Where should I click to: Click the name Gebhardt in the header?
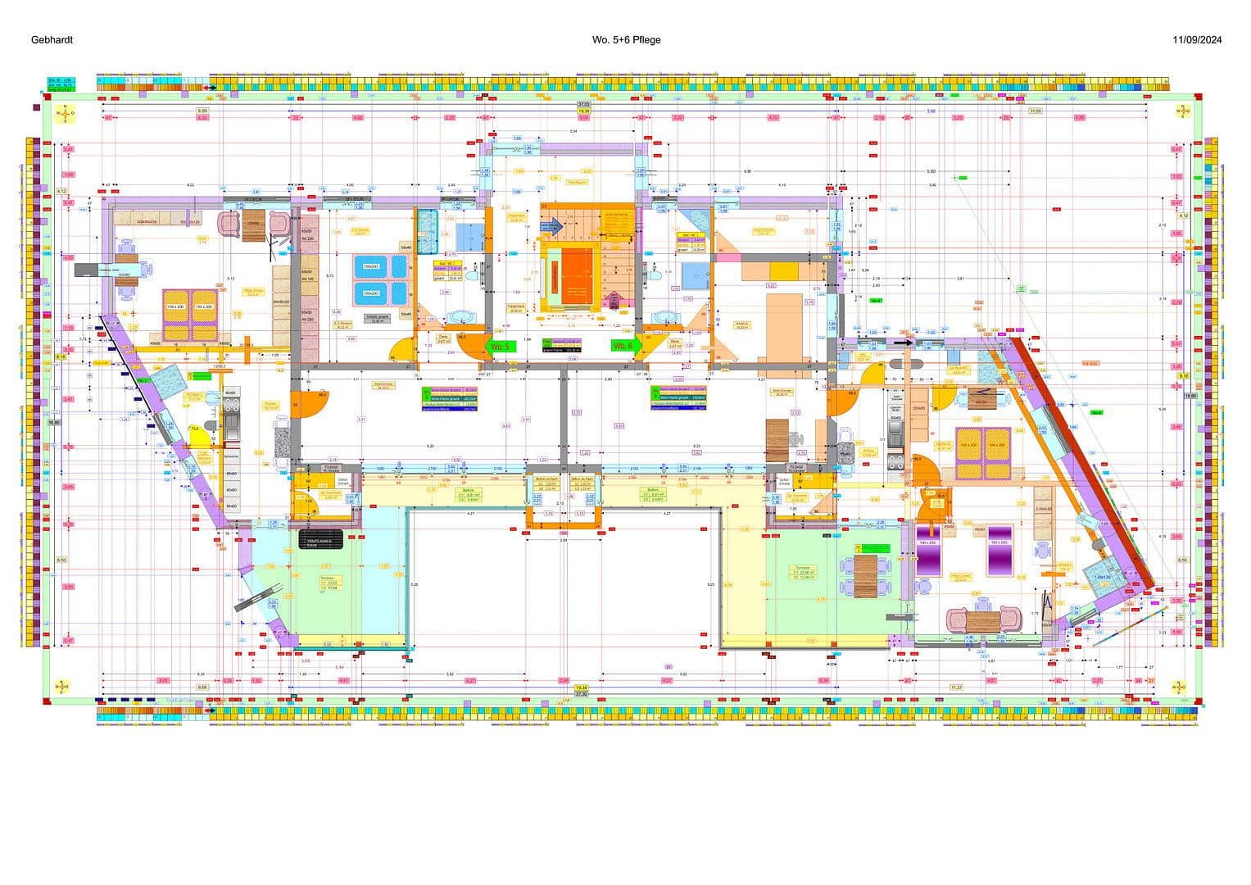coord(52,39)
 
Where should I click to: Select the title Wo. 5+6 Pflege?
coord(626,39)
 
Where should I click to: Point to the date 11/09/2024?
coord(1196,39)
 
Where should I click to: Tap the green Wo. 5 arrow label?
coord(499,347)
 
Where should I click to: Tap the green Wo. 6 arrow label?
coord(623,347)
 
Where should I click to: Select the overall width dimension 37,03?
coord(582,105)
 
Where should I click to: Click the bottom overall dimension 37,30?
coord(581,694)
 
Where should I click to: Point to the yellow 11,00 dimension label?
coord(1035,111)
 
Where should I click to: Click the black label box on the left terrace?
coord(322,543)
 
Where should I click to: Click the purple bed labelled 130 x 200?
coord(928,558)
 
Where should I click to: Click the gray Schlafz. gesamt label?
coord(377,320)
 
